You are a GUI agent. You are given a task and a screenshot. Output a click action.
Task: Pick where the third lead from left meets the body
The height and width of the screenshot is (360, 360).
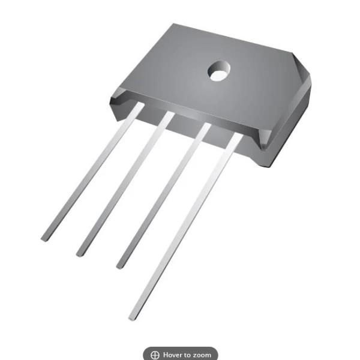(204, 127)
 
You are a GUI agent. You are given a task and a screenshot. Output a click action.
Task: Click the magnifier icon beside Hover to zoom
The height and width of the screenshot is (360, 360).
(155, 355)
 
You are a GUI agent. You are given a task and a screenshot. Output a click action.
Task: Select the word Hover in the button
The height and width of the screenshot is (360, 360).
(173, 355)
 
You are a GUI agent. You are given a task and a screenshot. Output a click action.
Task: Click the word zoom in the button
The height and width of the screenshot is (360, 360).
(202, 355)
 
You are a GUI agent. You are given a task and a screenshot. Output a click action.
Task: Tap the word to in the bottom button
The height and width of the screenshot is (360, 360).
(188, 355)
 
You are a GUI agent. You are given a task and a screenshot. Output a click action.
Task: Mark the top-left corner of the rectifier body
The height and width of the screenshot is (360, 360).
(174, 25)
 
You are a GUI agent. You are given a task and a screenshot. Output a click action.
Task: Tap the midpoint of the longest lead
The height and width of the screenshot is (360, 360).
(185, 227)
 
